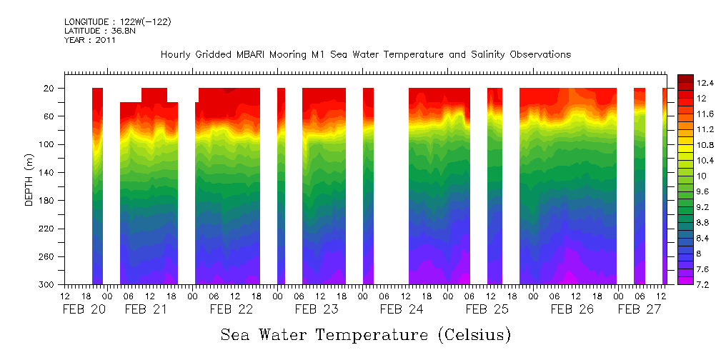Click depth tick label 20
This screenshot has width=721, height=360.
[49, 89]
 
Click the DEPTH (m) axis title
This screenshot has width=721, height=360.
[29, 182]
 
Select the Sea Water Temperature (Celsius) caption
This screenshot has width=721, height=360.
[366, 334]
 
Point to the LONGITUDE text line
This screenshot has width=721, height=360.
[117, 22]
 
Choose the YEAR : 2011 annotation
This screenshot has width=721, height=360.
[89, 41]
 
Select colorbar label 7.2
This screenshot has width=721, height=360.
[703, 284]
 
